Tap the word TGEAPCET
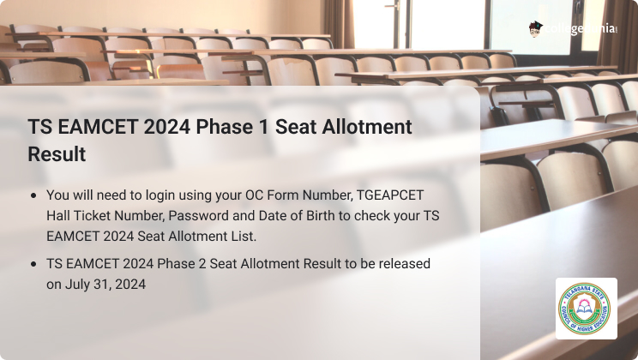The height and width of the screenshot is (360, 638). (390, 195)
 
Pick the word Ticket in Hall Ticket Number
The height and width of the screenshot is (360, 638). (93, 216)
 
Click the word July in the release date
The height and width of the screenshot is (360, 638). (77, 285)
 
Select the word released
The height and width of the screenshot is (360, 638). (405, 264)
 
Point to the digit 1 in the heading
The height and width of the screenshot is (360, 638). (263, 127)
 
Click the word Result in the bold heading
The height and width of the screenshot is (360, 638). (57, 154)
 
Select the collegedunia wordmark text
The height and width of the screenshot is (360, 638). (581, 29)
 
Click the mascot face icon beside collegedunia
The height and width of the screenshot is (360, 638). (536, 29)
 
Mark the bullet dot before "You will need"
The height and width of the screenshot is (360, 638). (33, 195)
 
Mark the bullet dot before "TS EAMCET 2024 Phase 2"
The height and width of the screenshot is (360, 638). (33, 264)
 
